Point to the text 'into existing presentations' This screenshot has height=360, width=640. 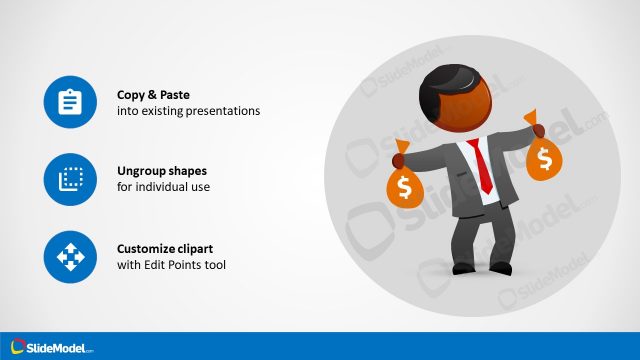tap(188, 111)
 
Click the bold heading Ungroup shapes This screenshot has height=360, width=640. tap(162, 171)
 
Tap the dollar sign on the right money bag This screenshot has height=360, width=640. tap(546, 158)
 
